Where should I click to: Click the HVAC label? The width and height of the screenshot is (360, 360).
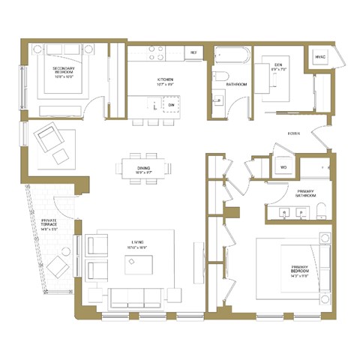coord(319,57)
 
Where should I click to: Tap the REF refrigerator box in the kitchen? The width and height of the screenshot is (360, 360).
coord(193,52)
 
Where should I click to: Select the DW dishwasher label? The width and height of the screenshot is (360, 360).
coord(171,105)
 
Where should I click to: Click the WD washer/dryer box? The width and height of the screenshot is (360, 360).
coord(283,166)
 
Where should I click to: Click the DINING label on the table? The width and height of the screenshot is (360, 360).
coord(144,169)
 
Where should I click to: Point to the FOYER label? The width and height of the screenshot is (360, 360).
coord(295,134)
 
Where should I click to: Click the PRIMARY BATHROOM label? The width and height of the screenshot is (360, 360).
coord(305,193)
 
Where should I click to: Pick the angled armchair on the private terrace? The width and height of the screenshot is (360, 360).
coord(55,265)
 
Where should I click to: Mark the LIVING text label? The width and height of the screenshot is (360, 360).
coord(137,243)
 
